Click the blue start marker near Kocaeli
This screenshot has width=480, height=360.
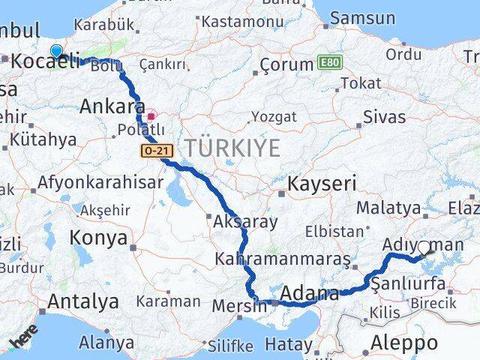point(56,51)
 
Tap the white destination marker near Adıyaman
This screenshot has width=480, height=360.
point(424,247)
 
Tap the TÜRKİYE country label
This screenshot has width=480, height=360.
point(232,148)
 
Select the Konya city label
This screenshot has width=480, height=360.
point(97,238)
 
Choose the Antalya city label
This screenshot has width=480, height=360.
point(82,301)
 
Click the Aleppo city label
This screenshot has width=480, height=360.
point(404,343)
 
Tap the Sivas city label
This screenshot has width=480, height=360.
point(384,116)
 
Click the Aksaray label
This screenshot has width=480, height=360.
point(245,222)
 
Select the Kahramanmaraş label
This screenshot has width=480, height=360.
point(281,259)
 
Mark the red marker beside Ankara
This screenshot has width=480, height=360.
point(151,116)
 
